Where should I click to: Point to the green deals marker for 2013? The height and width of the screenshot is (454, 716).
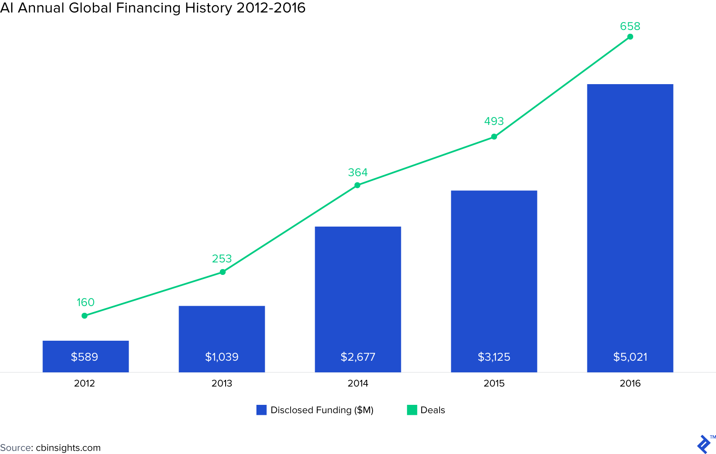pyautogui.click(x=223, y=272)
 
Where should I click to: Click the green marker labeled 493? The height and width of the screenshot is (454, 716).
pyautogui.click(x=494, y=137)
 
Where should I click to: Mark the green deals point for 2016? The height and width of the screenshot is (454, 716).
pyautogui.click(x=630, y=37)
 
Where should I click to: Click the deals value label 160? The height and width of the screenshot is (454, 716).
pyautogui.click(x=85, y=302)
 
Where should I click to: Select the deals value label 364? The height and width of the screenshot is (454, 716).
pyautogui.click(x=358, y=172)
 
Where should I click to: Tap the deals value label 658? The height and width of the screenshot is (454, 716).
pyautogui.click(x=630, y=26)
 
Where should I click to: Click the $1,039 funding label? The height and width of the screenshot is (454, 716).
pyautogui.click(x=221, y=357)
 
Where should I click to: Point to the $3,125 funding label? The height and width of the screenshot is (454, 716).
pyautogui.click(x=494, y=357)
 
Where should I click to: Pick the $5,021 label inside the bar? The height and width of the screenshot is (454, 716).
pyautogui.click(x=630, y=357)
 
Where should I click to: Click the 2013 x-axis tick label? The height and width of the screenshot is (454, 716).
pyautogui.click(x=221, y=383)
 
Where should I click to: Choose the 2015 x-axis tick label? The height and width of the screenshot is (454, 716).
pyautogui.click(x=494, y=383)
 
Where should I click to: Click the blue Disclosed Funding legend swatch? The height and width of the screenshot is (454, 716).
pyautogui.click(x=261, y=410)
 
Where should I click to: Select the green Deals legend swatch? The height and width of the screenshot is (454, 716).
pyautogui.click(x=412, y=410)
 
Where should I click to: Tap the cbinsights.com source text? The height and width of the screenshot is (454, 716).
pyautogui.click(x=68, y=448)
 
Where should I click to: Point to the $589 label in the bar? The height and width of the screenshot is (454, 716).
pyautogui.click(x=85, y=357)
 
